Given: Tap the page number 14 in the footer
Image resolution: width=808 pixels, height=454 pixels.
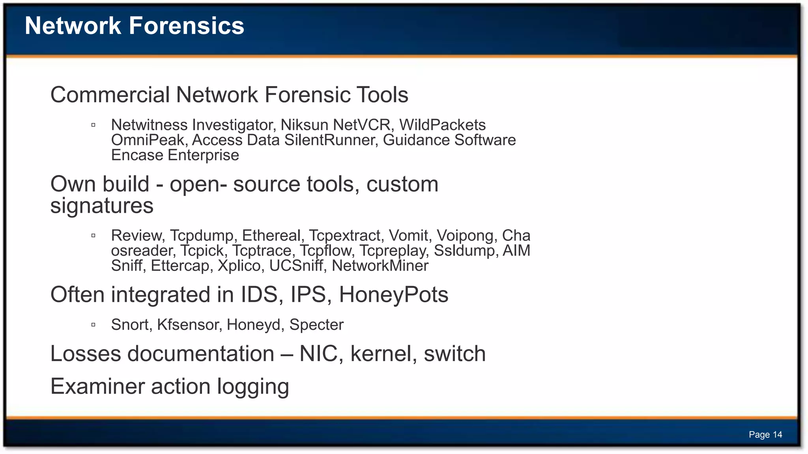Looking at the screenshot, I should [777, 435].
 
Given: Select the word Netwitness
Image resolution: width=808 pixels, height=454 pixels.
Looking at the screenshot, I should [149, 125].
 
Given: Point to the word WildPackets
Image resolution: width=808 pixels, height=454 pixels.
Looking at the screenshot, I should [442, 125].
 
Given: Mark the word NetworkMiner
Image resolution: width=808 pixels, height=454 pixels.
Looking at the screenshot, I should [380, 266].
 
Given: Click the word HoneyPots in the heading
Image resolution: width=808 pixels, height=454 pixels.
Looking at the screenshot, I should [393, 295].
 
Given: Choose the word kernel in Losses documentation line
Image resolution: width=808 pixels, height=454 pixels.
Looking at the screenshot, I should [383, 354].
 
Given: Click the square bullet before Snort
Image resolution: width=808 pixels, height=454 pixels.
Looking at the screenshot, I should [94, 325].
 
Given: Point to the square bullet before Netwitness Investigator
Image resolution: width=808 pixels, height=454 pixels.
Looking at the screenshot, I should [94, 125].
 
